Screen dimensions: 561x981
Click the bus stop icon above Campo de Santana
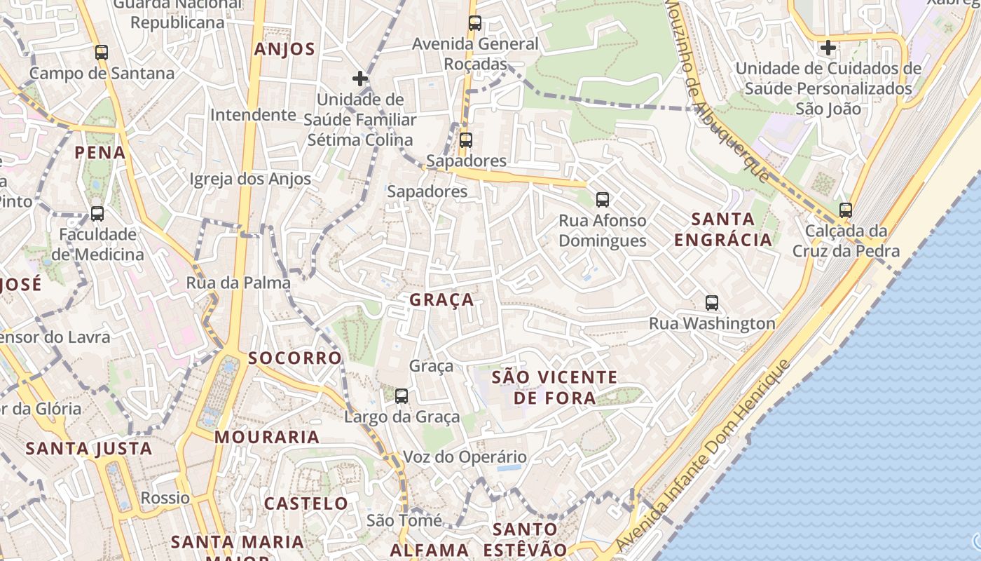point(102,53)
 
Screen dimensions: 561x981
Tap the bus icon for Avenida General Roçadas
point(475,23)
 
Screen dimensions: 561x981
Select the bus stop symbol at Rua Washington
point(712,303)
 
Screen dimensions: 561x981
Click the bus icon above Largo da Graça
point(402,396)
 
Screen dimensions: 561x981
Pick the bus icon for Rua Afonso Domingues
point(603,200)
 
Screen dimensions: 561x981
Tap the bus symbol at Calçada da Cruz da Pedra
point(846,210)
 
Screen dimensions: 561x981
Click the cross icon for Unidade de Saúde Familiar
point(360,79)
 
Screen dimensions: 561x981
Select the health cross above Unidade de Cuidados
point(828,48)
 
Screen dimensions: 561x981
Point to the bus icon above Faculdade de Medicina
point(97,214)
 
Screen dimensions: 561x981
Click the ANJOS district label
point(284,49)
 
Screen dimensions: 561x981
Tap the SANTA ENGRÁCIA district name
point(722,229)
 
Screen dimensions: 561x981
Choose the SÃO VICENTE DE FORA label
point(554,388)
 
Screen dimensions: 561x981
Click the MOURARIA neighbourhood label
point(267,437)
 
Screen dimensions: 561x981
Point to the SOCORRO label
point(295,358)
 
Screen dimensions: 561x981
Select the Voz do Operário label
point(465,458)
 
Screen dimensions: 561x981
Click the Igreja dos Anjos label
point(250,179)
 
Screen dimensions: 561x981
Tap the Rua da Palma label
point(238,283)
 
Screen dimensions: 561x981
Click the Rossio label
point(165,498)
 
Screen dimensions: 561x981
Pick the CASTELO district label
point(306,503)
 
